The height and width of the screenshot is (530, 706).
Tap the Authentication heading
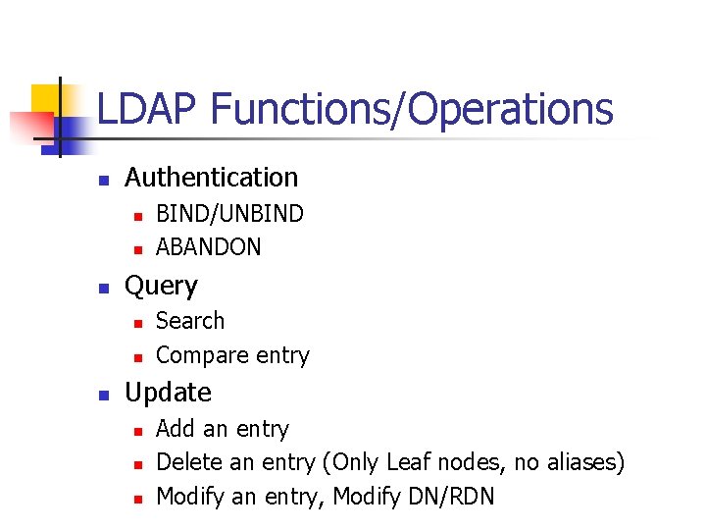click(211, 178)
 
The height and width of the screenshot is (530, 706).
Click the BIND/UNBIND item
click(229, 214)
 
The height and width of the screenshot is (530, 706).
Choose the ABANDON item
click(209, 247)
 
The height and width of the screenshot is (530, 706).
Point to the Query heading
click(161, 286)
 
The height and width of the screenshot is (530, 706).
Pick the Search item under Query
click(190, 321)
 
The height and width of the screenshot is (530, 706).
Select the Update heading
click(168, 393)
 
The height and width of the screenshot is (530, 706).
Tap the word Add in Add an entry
click(176, 429)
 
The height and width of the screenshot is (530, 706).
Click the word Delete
click(191, 462)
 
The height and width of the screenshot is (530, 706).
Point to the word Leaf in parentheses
click(409, 462)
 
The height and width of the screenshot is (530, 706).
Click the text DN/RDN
click(447, 497)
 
